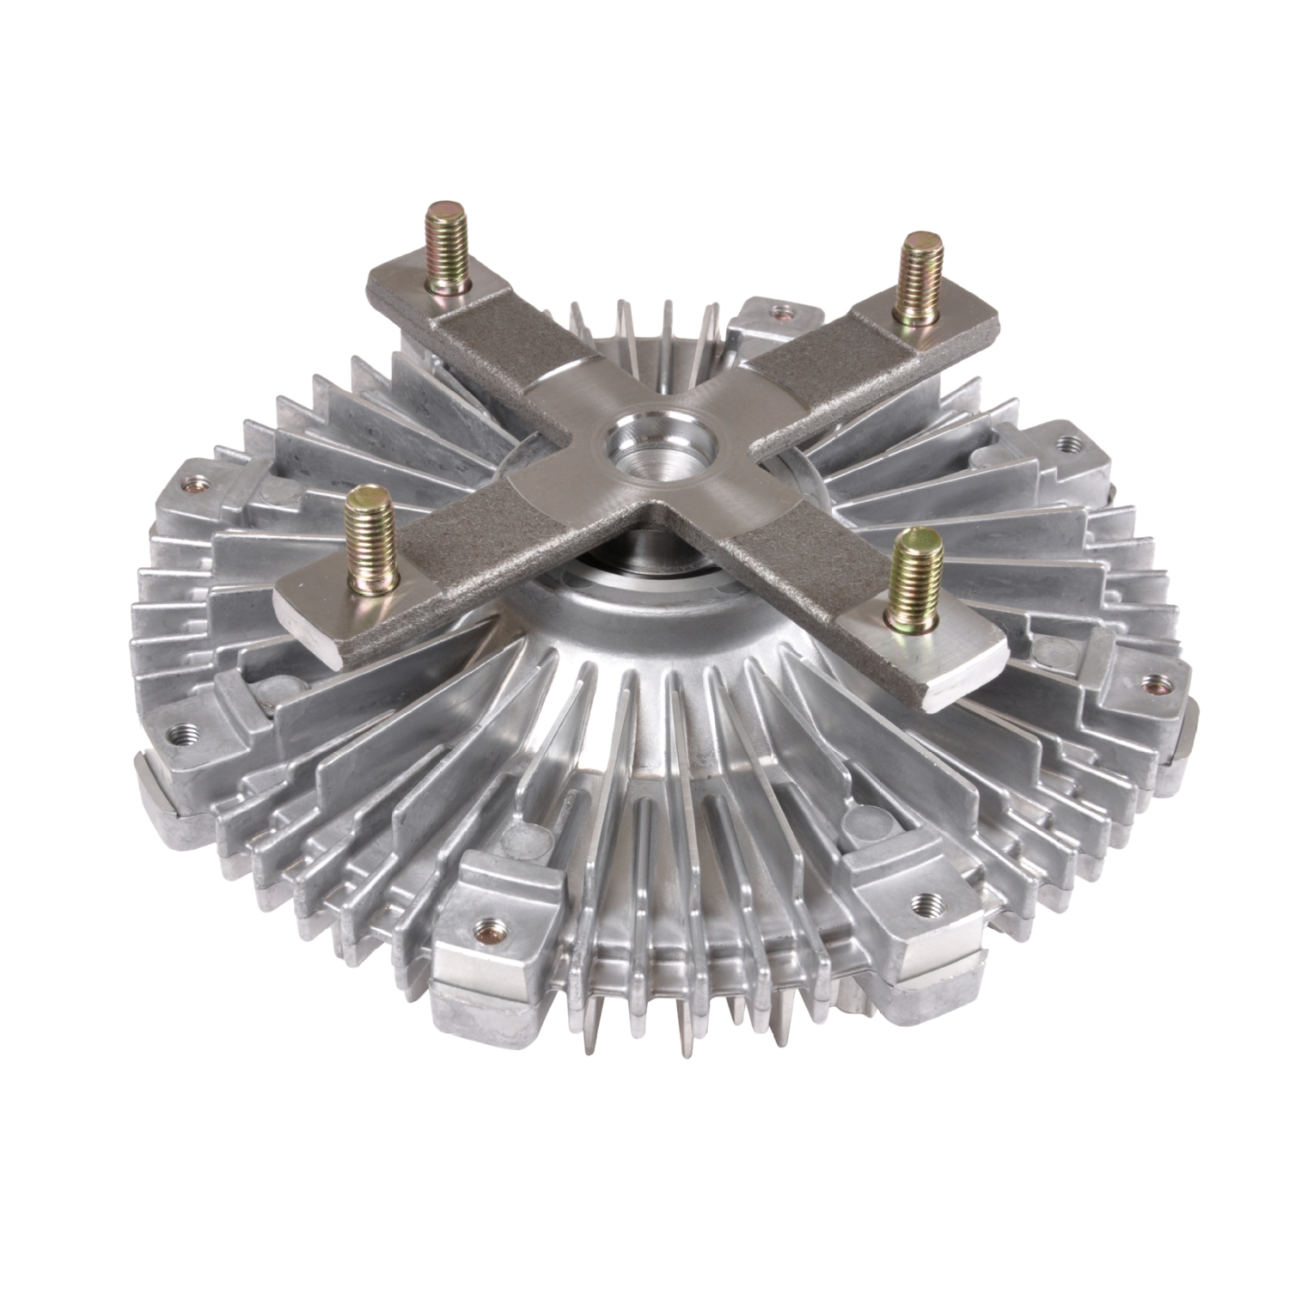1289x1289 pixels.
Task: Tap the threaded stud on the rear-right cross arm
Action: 918,274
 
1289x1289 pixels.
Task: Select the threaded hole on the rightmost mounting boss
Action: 1153,684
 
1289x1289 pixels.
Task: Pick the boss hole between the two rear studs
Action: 780,312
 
